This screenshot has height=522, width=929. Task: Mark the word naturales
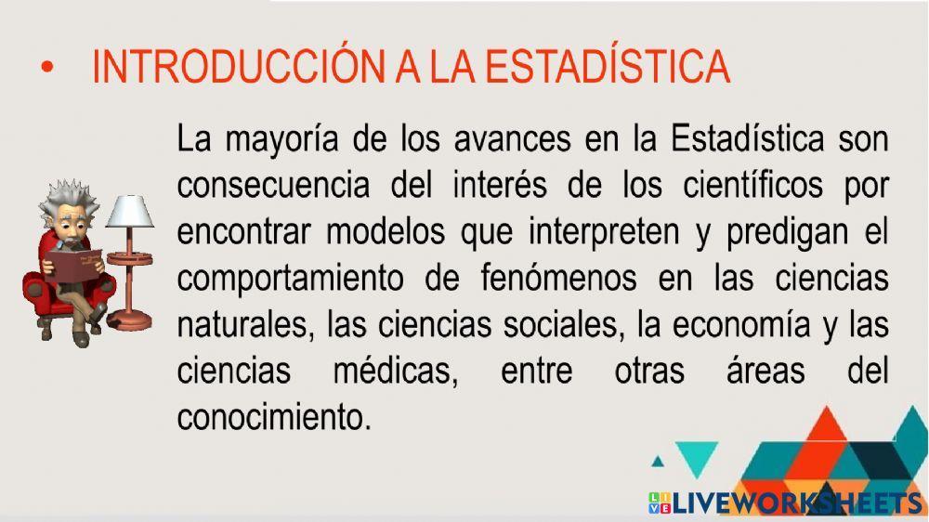click(237, 324)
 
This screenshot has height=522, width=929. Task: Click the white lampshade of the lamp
click(128, 211)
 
